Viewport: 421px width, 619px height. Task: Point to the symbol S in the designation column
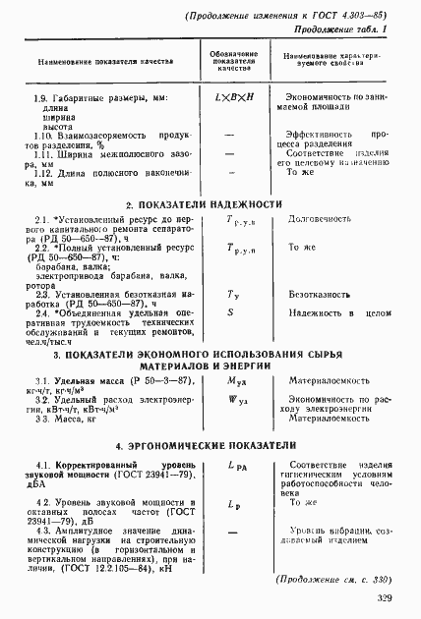click(229, 311)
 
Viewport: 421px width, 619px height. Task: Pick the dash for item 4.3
click(230, 533)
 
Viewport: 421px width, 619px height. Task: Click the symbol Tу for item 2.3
click(232, 294)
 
